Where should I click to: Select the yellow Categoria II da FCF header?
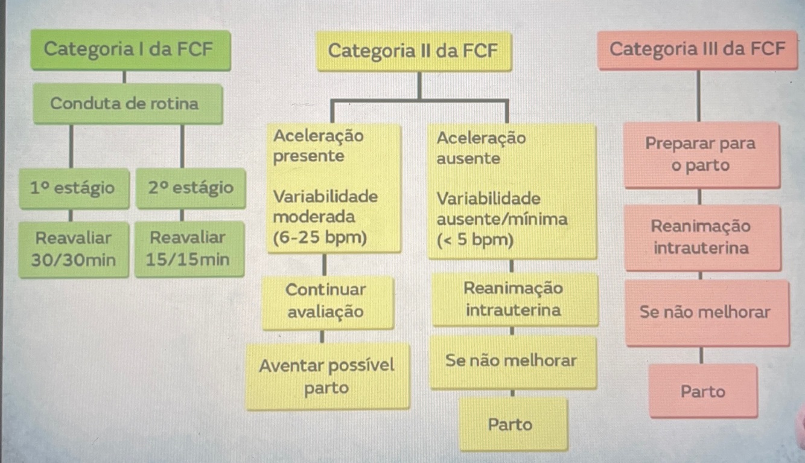tap(413, 51)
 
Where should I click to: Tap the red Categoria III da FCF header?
tap(698, 49)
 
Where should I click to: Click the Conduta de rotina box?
tap(124, 104)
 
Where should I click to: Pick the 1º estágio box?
tap(73, 188)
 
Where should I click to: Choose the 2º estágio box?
tap(190, 188)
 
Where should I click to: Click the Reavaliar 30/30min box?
tap(73, 249)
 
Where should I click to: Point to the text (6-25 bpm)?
tap(320, 238)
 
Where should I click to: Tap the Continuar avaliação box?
tap(326, 301)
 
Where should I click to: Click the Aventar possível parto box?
tap(327, 376)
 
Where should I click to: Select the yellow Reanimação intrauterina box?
tap(514, 299)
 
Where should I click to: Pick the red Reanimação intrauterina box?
tap(701, 237)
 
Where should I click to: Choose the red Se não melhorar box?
tap(705, 312)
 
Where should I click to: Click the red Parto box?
tap(703, 392)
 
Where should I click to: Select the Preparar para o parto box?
tap(701, 155)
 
